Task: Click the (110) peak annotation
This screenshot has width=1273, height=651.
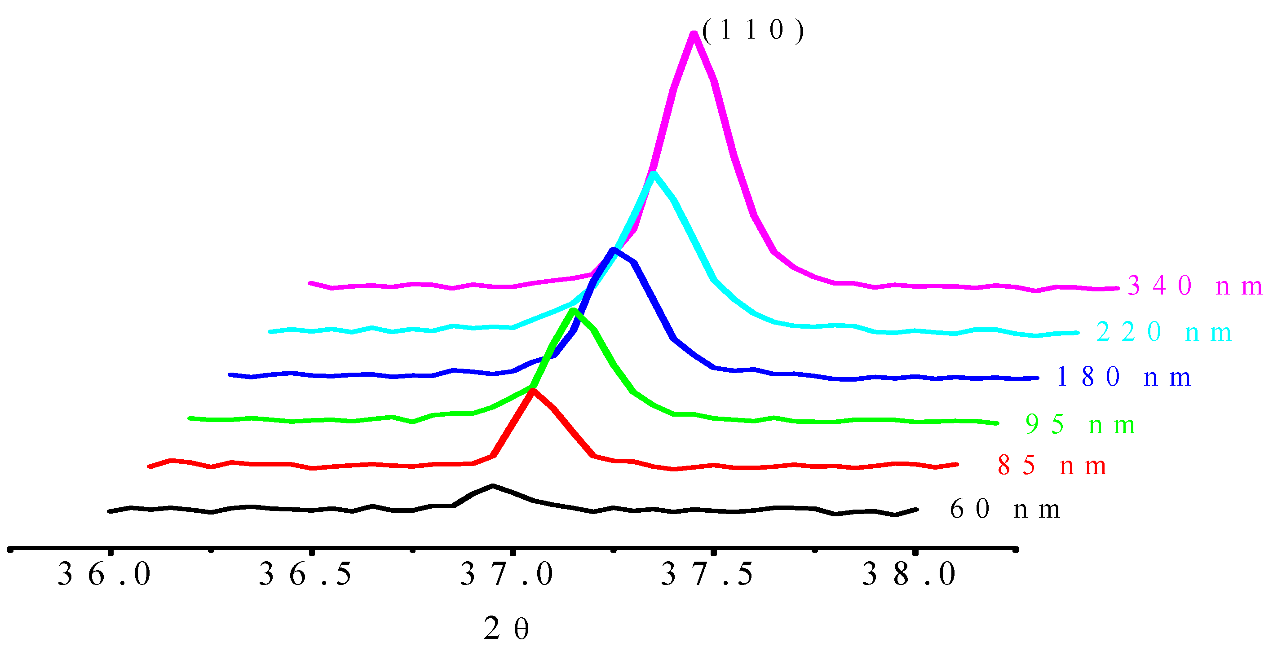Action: tap(752, 31)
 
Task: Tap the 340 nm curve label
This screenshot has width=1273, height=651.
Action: tap(1194, 286)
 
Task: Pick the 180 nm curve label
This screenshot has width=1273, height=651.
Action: tap(1123, 378)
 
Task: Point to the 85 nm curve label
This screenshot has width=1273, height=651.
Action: tap(1051, 466)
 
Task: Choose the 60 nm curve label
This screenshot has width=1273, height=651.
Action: tap(1004, 509)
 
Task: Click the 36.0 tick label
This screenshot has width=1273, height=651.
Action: tap(104, 574)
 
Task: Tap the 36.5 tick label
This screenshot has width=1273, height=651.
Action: tap(305, 574)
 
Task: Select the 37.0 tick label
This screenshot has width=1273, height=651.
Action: tap(507, 574)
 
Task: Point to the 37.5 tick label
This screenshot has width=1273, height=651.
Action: tap(707, 574)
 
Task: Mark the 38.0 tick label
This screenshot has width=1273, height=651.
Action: tap(909, 574)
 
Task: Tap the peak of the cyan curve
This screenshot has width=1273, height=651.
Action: tap(653, 174)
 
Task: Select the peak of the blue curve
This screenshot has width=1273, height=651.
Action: tap(613, 251)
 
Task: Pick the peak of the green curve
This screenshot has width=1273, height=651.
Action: tap(573, 311)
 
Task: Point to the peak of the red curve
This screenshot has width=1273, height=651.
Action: tap(532, 391)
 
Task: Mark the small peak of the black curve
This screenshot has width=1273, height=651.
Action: tap(493, 486)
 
